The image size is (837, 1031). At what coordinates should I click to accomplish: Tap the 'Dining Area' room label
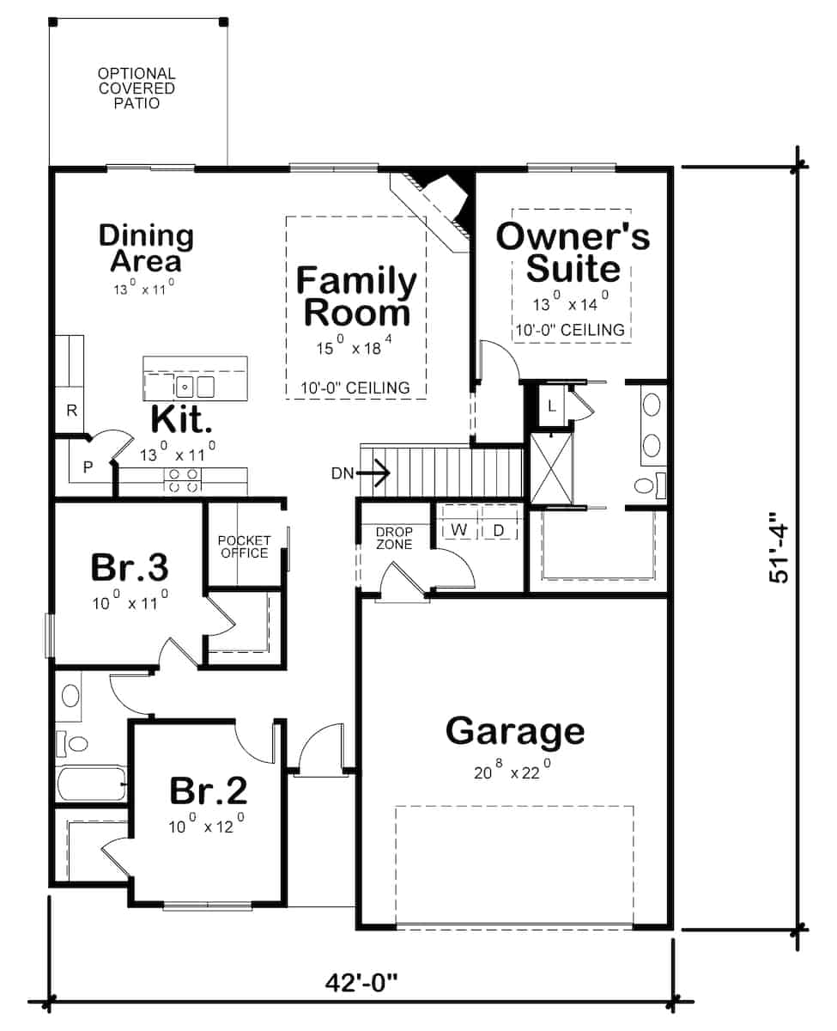point(146,247)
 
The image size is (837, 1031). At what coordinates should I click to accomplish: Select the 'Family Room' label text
point(355,296)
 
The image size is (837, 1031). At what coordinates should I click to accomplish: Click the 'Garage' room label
point(515,731)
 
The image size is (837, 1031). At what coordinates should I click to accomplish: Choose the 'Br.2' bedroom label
point(209,789)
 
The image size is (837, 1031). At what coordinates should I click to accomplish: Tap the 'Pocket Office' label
point(244,546)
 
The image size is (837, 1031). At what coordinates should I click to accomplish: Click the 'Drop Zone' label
point(394,538)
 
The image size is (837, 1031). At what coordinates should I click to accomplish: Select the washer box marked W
point(459,530)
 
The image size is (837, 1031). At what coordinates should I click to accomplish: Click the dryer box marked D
point(499,530)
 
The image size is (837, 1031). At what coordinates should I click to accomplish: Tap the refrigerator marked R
point(72,411)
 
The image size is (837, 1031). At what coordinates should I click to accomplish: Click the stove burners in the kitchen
point(182,480)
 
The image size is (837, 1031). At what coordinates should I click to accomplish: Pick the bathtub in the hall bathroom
point(90,783)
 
